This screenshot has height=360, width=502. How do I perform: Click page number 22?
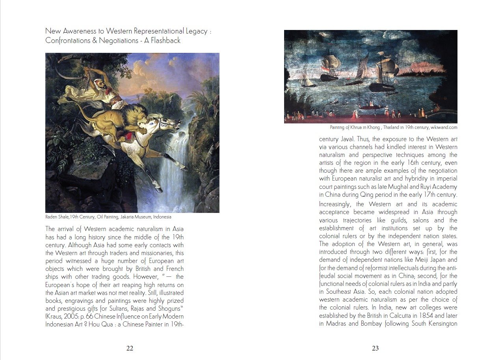coord(130,348)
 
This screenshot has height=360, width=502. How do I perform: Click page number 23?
coord(375,348)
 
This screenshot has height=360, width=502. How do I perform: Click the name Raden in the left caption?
coord(51,217)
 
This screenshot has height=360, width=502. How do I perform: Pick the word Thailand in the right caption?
coord(394,128)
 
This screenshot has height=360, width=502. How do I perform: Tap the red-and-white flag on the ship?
coord(324,69)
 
